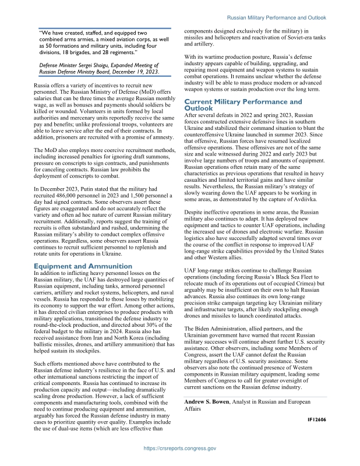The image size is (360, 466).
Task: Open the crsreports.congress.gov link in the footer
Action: coord(180,449)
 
